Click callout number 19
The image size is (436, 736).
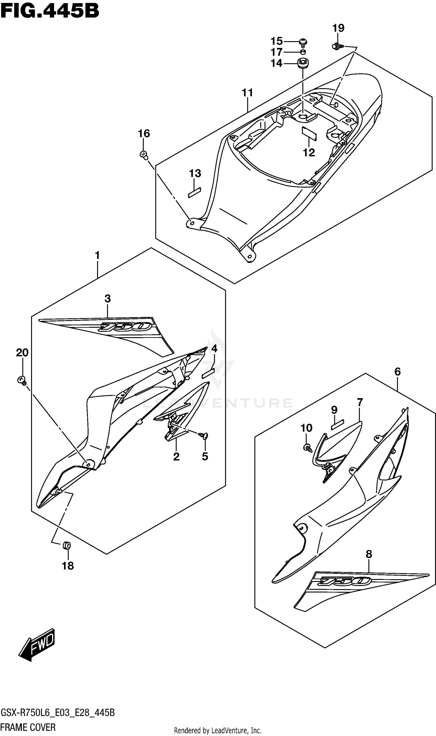click(338, 28)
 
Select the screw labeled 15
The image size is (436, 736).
click(303, 43)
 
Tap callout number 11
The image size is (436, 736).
click(247, 93)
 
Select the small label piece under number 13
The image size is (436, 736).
click(194, 192)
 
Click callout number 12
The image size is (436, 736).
click(309, 152)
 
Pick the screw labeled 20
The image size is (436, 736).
click(22, 381)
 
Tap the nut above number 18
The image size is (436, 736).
click(67, 546)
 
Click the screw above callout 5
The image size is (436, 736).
click(203, 436)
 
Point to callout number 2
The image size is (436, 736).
click(176, 457)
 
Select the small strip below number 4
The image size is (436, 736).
click(208, 373)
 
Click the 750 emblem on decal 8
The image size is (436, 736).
click(345, 580)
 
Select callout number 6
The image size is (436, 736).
click(397, 372)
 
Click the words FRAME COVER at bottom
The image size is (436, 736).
click(28, 727)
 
